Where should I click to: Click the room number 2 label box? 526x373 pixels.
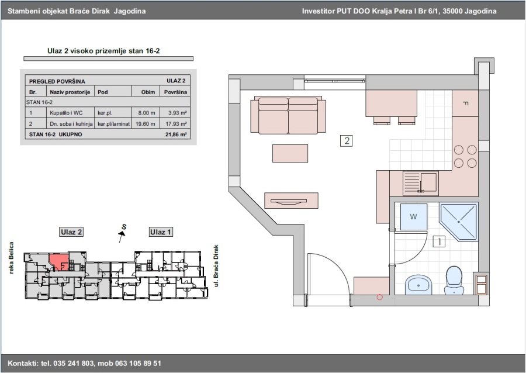point(346,140)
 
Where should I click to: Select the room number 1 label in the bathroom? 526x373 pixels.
point(439,241)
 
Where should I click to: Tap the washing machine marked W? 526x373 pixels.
point(414,217)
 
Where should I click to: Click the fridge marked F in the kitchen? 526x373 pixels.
point(465,103)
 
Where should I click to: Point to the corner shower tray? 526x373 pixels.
point(459,222)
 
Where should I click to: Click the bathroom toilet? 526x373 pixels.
point(454,280)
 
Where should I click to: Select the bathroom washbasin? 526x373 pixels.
point(418,285)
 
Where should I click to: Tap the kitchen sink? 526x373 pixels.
point(421,183)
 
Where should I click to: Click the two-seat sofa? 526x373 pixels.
point(288,115)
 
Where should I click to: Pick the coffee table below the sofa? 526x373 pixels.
point(290,153)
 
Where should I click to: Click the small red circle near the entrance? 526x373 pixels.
point(379,297)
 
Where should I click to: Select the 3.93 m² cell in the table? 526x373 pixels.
point(175,113)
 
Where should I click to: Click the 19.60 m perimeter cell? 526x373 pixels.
point(146,124)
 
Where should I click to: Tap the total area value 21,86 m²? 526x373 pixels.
point(176,134)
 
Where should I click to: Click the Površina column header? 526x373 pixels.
point(175,92)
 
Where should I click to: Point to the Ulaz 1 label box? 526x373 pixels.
point(161,232)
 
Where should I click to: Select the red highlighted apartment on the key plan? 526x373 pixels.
point(60,261)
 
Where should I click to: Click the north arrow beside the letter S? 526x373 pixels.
point(122,236)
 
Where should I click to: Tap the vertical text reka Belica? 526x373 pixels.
point(12,258)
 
